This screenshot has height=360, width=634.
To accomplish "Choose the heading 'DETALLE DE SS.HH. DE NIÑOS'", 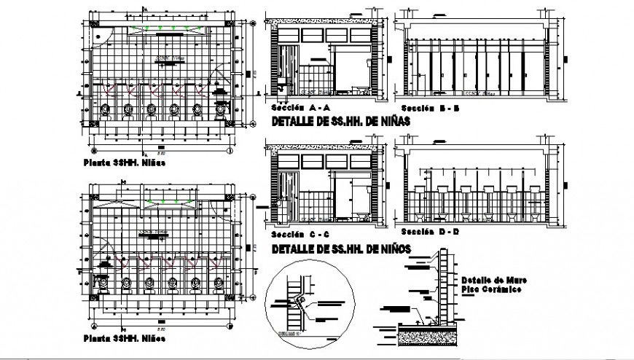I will (x=340, y=249).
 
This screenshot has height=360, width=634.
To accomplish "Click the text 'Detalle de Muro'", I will (x=489, y=279).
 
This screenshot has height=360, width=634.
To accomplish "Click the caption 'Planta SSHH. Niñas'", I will (x=124, y=163).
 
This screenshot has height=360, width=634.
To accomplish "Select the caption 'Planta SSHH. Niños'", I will (x=123, y=338).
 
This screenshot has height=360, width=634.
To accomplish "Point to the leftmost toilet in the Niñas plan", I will (x=107, y=111).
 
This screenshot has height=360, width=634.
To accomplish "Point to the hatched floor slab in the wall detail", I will (x=430, y=337).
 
